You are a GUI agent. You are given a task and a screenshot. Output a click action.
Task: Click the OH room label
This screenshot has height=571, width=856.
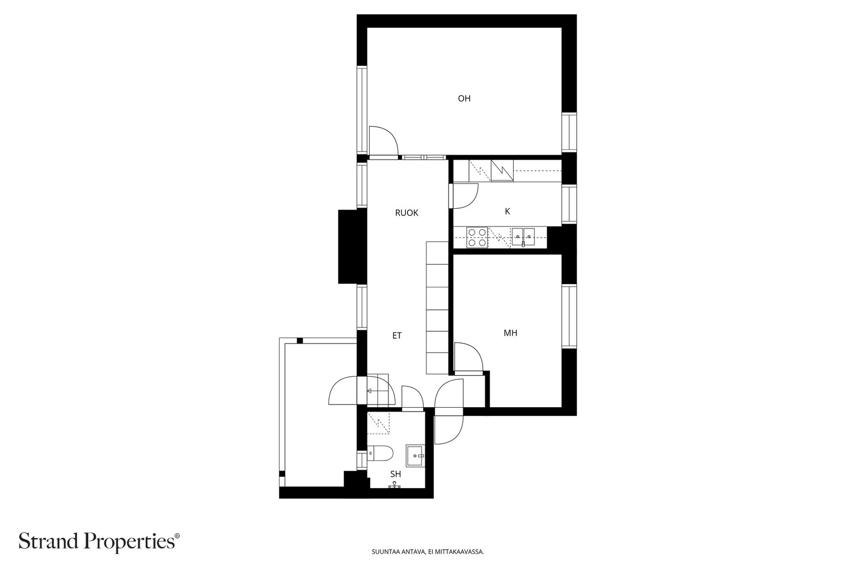[x=464, y=98]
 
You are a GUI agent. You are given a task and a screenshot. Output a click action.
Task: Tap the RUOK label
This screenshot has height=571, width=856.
[x=407, y=213]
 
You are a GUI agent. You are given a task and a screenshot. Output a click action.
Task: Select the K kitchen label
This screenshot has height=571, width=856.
[x=508, y=211]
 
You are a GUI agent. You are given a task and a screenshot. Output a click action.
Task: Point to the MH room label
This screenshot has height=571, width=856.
[x=510, y=333]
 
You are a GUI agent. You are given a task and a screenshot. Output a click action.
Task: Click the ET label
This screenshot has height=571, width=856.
[x=397, y=336]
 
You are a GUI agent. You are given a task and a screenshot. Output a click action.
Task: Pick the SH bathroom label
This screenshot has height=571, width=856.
[x=395, y=474]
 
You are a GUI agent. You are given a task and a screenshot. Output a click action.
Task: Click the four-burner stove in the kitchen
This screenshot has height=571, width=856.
[x=477, y=238]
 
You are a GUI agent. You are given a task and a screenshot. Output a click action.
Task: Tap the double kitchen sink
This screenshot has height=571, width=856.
[x=523, y=238]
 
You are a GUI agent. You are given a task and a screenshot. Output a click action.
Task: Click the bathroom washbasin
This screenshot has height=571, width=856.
[x=415, y=456]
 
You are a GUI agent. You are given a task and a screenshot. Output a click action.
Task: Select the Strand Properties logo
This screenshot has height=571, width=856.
[x=99, y=542]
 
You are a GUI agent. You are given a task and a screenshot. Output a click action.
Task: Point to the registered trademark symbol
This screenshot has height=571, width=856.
[x=177, y=536]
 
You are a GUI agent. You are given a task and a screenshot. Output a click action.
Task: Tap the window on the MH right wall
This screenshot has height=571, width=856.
[x=569, y=316]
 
